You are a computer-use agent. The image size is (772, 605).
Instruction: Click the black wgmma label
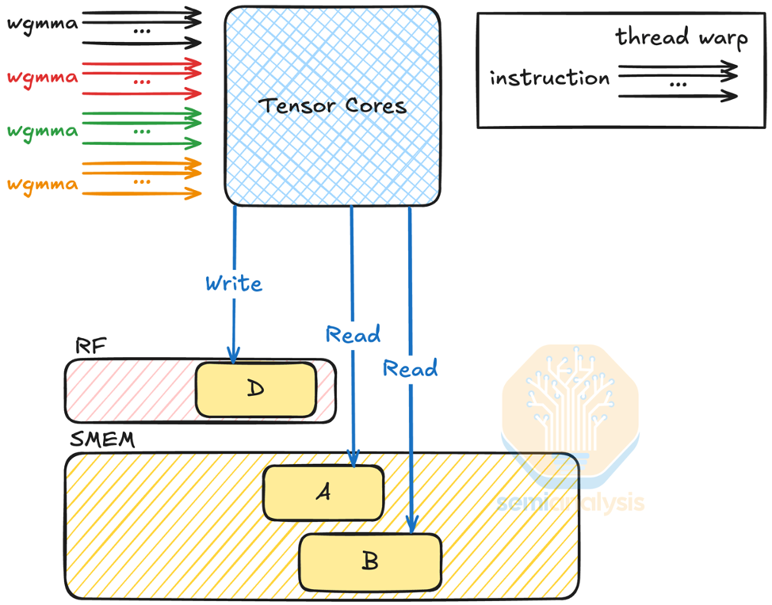click(x=42, y=24)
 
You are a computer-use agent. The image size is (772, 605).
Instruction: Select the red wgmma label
click(x=42, y=78)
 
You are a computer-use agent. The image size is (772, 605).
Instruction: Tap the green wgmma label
click(x=42, y=131)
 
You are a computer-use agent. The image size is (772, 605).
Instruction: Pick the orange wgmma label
click(x=42, y=185)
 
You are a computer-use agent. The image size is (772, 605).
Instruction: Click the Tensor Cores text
click(x=332, y=105)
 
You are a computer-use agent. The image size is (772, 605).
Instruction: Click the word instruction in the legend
click(x=549, y=78)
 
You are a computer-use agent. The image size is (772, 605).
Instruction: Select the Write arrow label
click(x=233, y=283)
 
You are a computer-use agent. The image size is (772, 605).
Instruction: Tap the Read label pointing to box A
click(x=353, y=335)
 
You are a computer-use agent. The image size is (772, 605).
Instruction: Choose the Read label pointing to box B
click(x=410, y=369)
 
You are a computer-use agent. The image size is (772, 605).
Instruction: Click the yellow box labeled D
click(x=255, y=390)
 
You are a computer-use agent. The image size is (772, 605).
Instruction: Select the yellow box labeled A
click(x=323, y=492)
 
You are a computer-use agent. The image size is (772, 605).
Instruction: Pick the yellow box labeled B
click(x=369, y=561)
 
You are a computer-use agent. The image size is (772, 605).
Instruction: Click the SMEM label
click(x=102, y=439)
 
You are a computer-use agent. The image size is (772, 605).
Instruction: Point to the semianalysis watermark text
click(x=570, y=503)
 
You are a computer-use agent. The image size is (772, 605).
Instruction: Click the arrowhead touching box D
click(x=234, y=357)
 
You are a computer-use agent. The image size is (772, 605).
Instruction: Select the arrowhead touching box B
click(x=411, y=526)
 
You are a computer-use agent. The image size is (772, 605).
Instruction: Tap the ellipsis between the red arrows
click(x=143, y=81)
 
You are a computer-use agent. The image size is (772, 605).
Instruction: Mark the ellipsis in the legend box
click(x=677, y=83)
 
